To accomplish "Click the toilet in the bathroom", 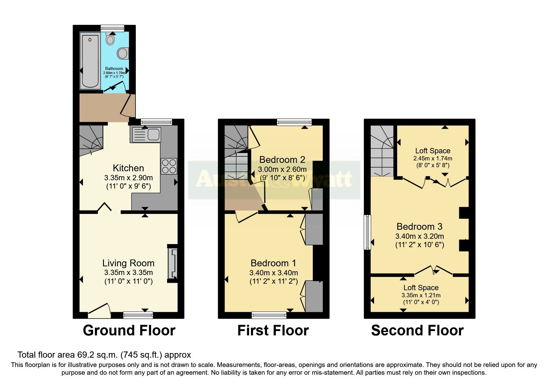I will [110, 39].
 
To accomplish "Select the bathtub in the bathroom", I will [90, 60].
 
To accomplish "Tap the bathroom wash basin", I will [123, 53].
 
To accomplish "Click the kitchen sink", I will [147, 135].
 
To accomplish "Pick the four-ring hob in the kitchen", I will [169, 166].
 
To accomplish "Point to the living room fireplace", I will [173, 263].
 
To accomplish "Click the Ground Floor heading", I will [129, 330].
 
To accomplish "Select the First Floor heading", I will [273, 330].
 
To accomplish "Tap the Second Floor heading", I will [417, 330].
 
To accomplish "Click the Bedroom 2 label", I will [282, 160].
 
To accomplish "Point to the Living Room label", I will [128, 263].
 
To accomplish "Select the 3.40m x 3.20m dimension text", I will [419, 236].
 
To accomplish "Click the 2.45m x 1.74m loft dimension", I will [433, 158].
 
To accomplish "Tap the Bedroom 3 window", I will [367, 232].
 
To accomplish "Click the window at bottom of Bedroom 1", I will [269, 315].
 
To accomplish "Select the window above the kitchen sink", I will [156, 122].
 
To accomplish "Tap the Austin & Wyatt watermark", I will [274, 179].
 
